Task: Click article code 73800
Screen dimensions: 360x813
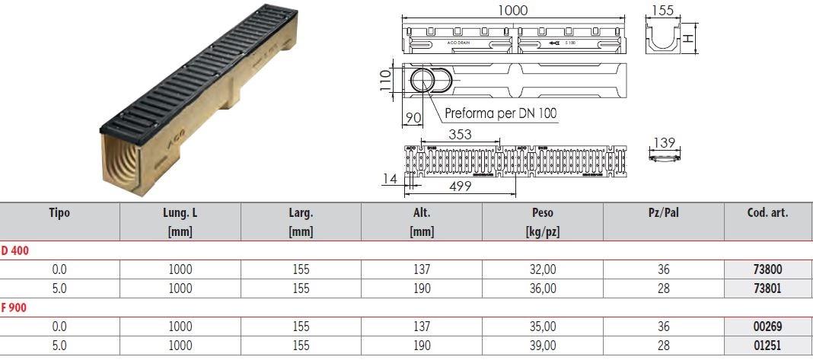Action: click(768, 269)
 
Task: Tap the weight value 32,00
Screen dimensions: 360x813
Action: click(543, 269)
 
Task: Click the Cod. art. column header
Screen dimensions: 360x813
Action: click(768, 213)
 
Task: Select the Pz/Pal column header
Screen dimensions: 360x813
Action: click(663, 213)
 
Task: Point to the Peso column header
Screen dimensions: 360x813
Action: click(543, 213)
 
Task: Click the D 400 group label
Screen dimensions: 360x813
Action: click(15, 250)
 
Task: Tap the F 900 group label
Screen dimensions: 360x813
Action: click(15, 307)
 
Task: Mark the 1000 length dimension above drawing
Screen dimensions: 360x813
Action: click(513, 10)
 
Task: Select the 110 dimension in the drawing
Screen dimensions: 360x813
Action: click(387, 78)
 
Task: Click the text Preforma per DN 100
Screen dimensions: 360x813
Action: click(501, 114)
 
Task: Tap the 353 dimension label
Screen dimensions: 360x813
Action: click(460, 135)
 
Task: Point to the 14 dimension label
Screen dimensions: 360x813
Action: click(389, 179)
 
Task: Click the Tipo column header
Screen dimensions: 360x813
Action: click(59, 213)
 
